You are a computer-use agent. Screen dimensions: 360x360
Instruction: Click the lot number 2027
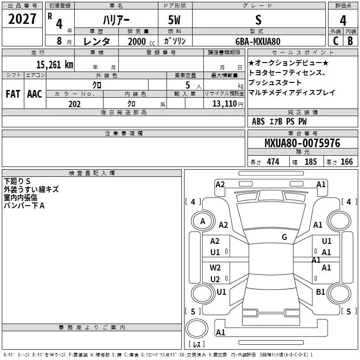[22, 19]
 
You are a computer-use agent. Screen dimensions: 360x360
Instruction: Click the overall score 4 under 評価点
[343, 20]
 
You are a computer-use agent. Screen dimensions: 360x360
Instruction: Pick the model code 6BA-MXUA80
[258, 41]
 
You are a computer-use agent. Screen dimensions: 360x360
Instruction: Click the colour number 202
[74, 104]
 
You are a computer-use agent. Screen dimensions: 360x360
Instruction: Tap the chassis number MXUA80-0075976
[302, 143]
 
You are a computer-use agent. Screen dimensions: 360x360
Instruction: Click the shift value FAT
[13, 94]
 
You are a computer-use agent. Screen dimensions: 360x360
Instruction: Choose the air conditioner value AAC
[35, 94]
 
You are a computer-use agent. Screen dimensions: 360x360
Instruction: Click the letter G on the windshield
[284, 237]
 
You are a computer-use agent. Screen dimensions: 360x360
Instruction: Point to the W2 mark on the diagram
[216, 268]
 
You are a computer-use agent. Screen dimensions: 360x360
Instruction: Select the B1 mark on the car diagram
[320, 292]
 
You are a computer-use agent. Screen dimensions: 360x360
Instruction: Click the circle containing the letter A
[202, 221]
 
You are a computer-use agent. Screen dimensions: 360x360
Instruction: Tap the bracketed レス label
[197, 345]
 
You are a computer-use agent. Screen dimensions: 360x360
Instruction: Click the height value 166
[346, 162]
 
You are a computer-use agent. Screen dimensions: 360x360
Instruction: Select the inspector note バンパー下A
[24, 206]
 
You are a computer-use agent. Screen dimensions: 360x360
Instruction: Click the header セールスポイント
[302, 53]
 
